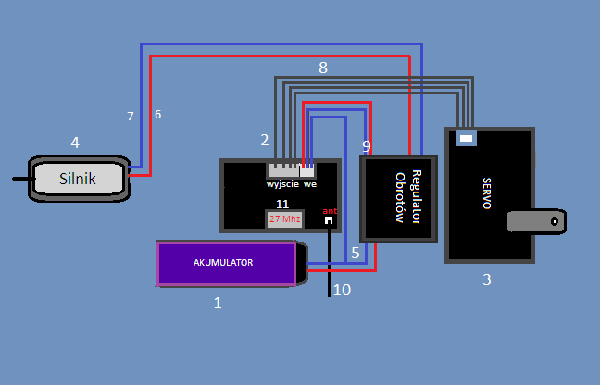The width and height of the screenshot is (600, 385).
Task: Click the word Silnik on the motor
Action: tap(77, 179)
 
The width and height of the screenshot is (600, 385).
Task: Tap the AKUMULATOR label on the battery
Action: tap(223, 263)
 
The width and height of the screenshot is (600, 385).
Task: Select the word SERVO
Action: tap(487, 193)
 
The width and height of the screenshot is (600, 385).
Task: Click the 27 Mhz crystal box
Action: tap(284, 219)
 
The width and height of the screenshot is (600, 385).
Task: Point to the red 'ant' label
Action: tap(330, 211)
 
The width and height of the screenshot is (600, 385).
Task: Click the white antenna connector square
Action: tap(329, 220)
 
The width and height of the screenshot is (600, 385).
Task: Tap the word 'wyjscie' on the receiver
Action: tap(282, 185)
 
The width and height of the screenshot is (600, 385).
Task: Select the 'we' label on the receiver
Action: tap(310, 185)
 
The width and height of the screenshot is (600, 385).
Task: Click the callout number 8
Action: tap(323, 68)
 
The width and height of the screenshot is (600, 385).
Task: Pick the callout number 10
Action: tap(342, 290)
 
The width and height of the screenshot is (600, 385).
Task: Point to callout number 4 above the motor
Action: tap(75, 143)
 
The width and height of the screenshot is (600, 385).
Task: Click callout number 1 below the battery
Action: tap(218, 303)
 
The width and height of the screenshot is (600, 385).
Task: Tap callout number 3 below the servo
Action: tap(487, 279)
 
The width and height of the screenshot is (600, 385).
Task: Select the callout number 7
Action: tap(131, 117)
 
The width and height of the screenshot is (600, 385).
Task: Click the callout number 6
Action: tap(157, 115)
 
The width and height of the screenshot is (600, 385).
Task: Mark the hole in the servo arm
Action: tap(555, 221)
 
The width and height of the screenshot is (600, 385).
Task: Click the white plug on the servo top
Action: tap(466, 139)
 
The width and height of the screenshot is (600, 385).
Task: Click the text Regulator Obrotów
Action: tap(408, 197)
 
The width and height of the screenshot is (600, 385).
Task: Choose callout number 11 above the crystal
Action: tap(282, 205)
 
